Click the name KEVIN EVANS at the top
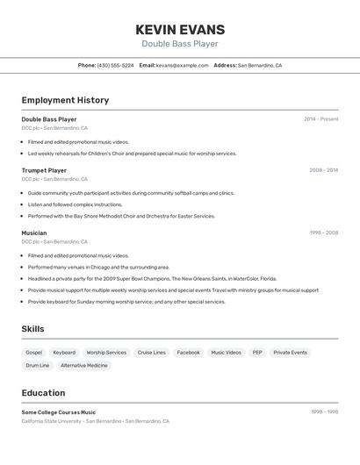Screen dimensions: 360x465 [x=180, y=29]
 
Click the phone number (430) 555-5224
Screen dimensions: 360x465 [x=115, y=65]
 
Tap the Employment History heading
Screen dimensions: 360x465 [x=65, y=100]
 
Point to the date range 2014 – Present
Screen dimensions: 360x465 [x=320, y=119]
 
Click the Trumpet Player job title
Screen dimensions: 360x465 [x=44, y=170]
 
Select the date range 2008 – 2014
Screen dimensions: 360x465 [x=323, y=170]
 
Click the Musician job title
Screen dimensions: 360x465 [x=34, y=232]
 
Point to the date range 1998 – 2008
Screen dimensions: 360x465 [x=323, y=232]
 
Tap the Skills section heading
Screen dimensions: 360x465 [x=33, y=329]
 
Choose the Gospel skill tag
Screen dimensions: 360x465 [x=34, y=352]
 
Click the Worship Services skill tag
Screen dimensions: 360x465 [x=106, y=352]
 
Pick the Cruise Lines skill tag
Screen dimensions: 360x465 [x=152, y=352]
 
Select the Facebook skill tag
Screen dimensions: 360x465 [x=188, y=352]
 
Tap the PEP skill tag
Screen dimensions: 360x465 [x=257, y=352]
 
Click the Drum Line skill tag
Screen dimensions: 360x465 [x=38, y=365]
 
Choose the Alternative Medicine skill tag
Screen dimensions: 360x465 [x=84, y=365]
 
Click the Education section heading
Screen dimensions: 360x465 [x=43, y=392]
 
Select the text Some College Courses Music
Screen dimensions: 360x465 [x=59, y=412]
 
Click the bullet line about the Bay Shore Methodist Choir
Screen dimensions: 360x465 [x=121, y=216]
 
